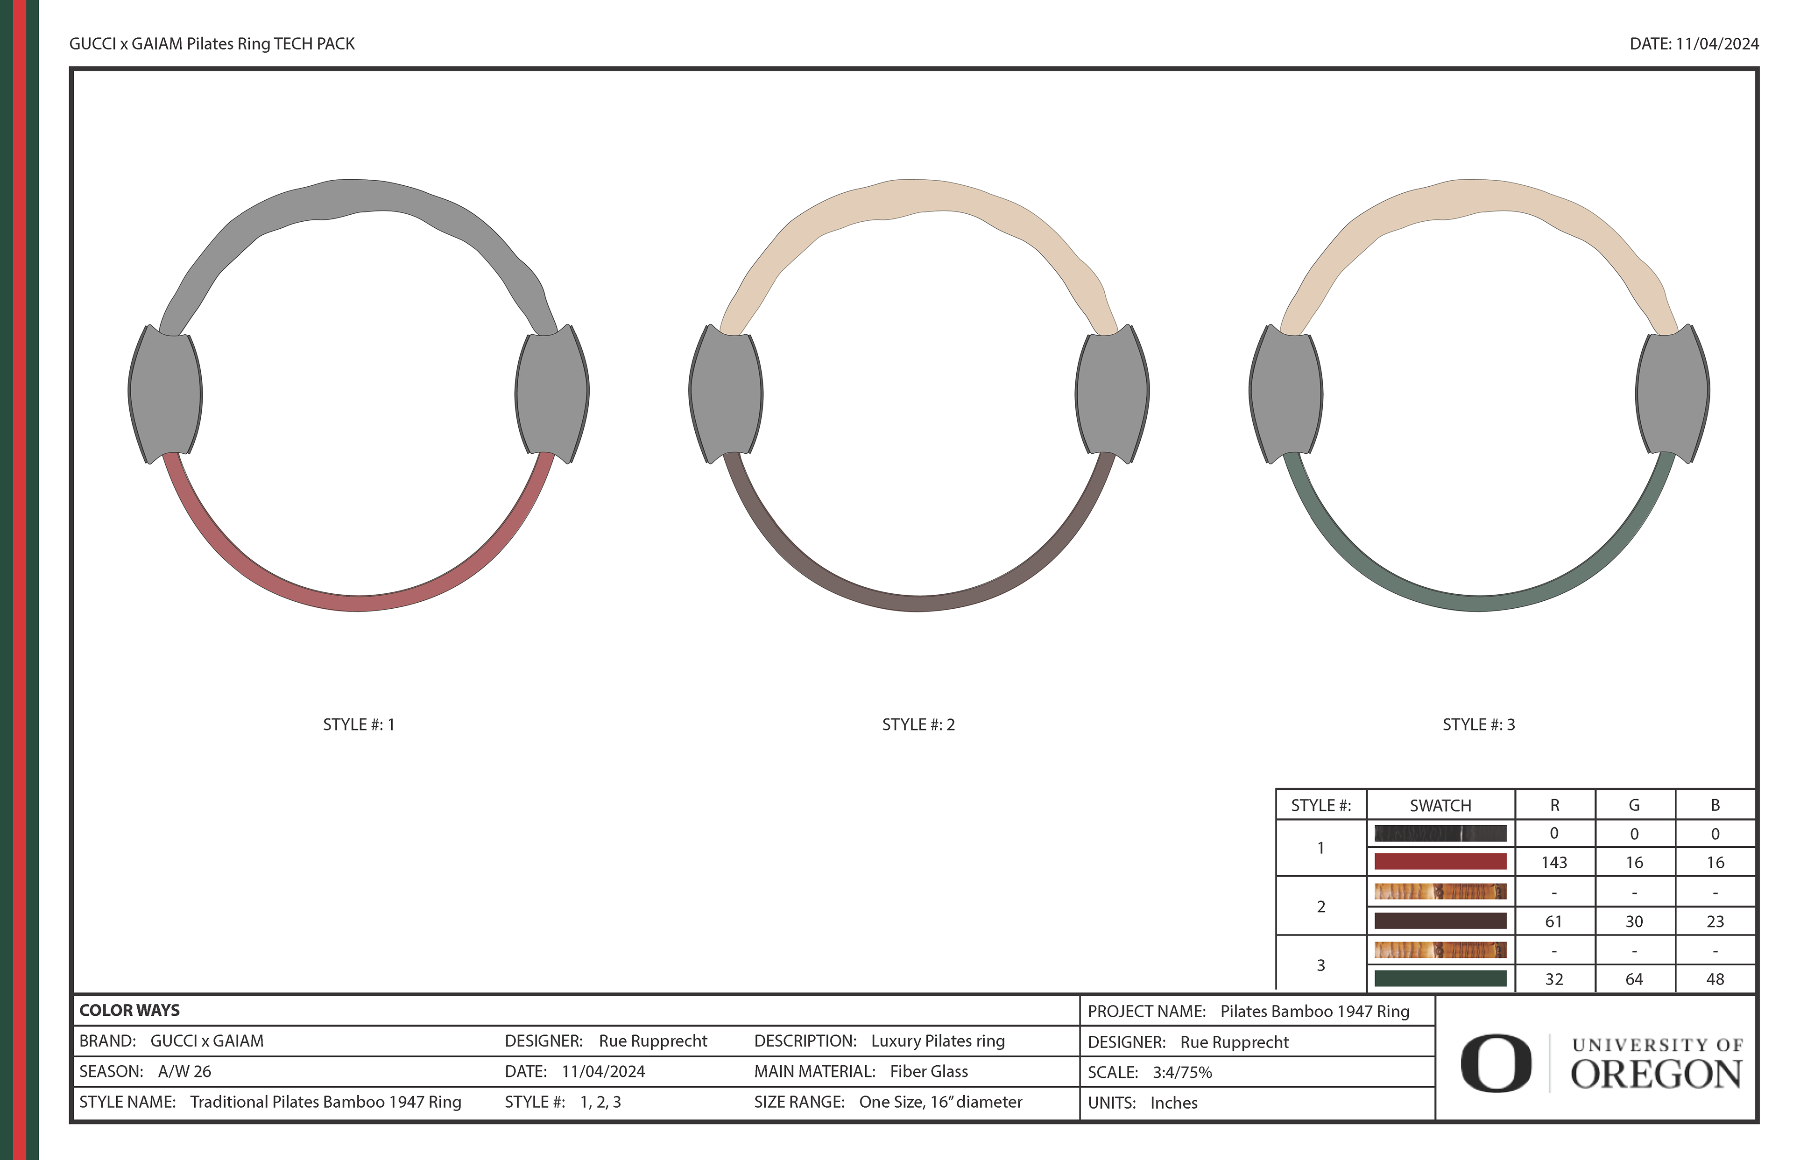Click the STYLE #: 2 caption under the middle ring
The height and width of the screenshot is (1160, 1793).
(x=918, y=724)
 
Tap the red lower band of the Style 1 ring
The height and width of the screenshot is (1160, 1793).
(x=359, y=603)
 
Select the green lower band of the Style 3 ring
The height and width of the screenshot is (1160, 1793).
(x=1478, y=603)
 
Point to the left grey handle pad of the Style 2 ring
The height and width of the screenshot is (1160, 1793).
(x=726, y=394)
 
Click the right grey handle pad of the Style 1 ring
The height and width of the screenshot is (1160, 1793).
(x=552, y=394)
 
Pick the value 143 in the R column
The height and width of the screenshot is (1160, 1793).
(x=1554, y=863)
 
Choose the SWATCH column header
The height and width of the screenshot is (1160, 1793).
(x=1440, y=805)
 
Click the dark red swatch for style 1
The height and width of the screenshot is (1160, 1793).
(x=1440, y=862)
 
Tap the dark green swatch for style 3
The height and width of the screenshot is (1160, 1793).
(x=1440, y=978)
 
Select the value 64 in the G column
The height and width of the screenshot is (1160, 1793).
(x=1634, y=979)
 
